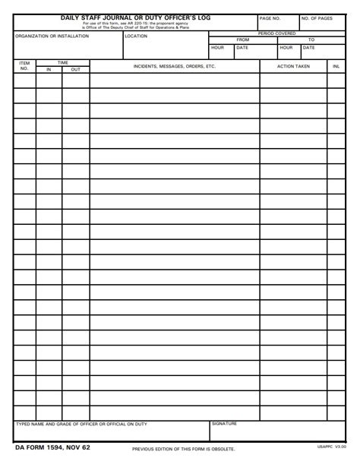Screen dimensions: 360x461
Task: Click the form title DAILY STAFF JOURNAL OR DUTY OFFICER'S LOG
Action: [x=136, y=17]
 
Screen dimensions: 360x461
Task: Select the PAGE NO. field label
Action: [x=270, y=18]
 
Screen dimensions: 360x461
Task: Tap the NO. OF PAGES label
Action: [x=316, y=18]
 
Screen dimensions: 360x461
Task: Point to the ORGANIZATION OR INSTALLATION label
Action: [x=52, y=36]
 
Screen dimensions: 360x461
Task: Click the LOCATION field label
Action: [x=136, y=36]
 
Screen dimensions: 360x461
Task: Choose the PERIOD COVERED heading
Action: [x=276, y=33]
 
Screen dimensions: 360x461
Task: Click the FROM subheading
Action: [x=243, y=39]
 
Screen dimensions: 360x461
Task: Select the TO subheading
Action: [x=311, y=39]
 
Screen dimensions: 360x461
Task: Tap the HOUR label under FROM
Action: [x=218, y=47]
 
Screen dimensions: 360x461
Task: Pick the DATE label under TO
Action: [x=308, y=47]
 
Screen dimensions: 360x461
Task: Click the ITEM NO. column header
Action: [x=24, y=66]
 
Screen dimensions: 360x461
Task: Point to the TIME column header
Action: [x=62, y=63]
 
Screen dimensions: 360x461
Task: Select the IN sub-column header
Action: [x=49, y=69]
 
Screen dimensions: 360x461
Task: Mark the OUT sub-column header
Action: [x=75, y=69]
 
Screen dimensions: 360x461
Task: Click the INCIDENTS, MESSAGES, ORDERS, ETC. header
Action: [x=175, y=66]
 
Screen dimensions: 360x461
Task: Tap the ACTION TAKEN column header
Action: [x=293, y=66]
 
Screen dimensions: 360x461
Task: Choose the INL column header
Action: [x=336, y=66]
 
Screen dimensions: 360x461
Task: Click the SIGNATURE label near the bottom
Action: [x=224, y=424]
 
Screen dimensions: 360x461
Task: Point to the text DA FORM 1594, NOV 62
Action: [x=52, y=447]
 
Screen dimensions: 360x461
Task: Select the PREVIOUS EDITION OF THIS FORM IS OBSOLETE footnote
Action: [x=184, y=449]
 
